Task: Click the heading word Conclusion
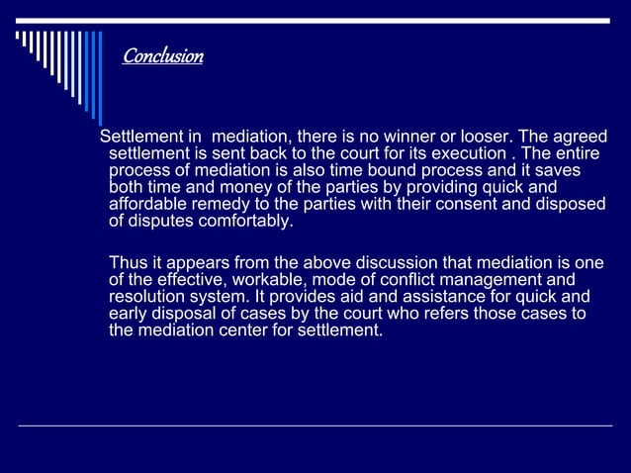tap(162, 56)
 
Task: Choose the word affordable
tap(147, 205)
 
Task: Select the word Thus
tap(127, 263)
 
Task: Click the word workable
tap(266, 280)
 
